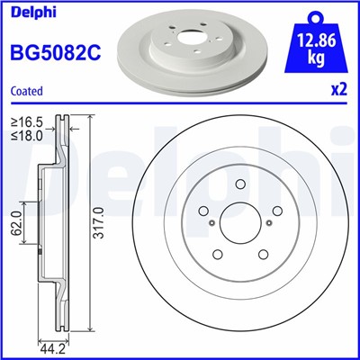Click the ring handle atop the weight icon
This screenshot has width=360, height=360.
tap(314, 13)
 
